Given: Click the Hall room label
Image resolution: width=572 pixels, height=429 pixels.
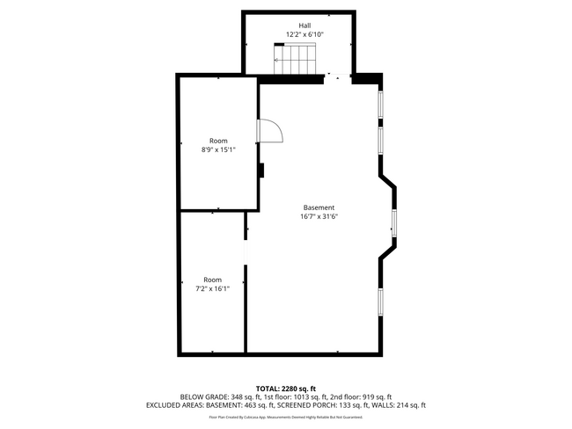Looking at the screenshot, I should pos(304,25).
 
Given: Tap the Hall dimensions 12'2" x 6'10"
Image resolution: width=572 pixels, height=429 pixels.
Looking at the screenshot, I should pos(304,34).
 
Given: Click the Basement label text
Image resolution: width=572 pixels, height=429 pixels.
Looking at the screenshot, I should pos(319,207).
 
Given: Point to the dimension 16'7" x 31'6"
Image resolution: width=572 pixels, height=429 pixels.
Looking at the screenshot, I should pos(319,216).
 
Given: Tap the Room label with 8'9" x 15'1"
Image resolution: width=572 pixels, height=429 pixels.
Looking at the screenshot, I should pos(218,141).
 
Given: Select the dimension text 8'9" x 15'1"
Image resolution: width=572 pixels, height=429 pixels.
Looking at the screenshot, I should pos(218,149).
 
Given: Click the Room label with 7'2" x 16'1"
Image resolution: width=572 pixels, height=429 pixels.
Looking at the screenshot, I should pos(213,280).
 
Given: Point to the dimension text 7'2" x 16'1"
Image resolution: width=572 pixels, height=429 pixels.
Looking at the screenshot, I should pos(213,288).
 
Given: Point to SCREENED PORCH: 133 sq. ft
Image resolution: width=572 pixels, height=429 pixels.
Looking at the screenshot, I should pos(326,405).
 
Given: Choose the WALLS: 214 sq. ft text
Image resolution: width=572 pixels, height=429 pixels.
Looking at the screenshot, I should pos(400,405).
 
